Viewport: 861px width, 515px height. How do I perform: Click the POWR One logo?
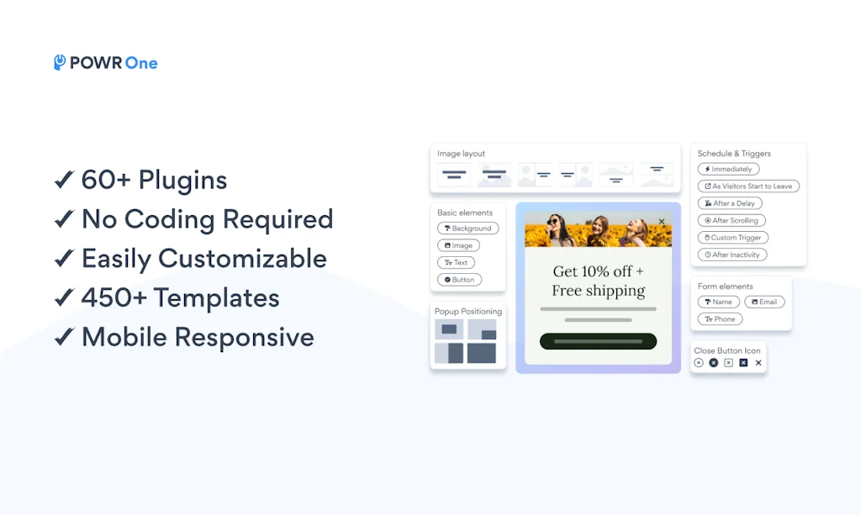coord(106,63)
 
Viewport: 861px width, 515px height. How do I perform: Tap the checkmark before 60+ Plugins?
coord(64,180)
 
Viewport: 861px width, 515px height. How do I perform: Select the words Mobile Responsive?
coord(198,337)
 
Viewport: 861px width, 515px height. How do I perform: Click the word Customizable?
coord(243,258)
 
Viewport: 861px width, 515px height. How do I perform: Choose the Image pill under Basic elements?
coord(458,245)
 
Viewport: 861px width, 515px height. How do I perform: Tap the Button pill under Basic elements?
coord(459,280)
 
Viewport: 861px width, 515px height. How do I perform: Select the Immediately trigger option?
coord(728,169)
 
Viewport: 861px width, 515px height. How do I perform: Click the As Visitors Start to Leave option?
coord(747,187)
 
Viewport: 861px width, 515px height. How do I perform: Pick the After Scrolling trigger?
coord(732,220)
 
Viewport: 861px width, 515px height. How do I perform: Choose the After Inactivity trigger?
coord(732,255)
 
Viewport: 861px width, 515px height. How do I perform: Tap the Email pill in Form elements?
coord(765,302)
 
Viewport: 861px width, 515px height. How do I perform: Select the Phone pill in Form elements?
coord(720,319)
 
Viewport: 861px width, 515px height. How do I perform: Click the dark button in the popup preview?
coord(598,341)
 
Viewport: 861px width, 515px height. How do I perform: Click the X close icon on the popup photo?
coord(662,222)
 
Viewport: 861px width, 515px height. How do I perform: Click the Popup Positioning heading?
coord(468,311)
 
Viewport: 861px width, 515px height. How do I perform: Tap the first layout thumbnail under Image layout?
coord(454,175)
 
